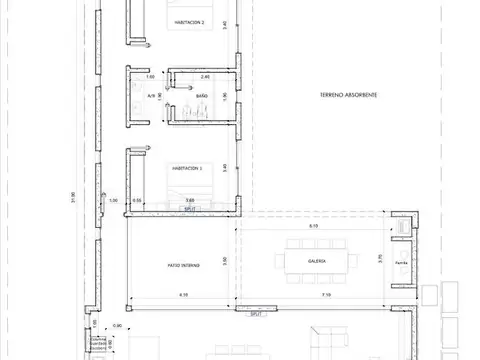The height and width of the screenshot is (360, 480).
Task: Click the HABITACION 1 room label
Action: point(186,168)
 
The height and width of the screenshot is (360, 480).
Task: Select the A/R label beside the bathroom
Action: point(152,96)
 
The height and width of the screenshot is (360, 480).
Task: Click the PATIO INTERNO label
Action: point(178,265)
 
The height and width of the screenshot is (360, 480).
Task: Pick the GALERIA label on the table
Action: point(304,263)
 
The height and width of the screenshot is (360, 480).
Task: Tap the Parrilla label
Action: point(401,264)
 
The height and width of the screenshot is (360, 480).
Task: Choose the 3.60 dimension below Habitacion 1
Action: point(190,201)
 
